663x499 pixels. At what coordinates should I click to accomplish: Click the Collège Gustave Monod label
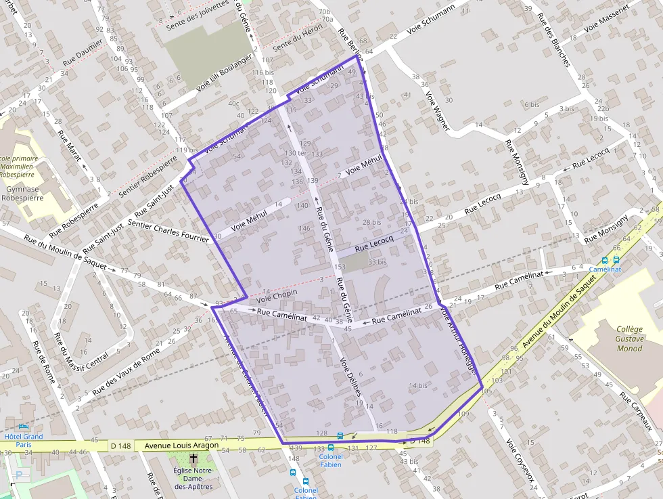[629, 339]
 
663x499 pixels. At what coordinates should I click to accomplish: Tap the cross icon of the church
[193, 458]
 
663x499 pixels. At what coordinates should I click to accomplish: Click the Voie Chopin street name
[277, 296]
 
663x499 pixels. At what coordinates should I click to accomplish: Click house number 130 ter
[295, 153]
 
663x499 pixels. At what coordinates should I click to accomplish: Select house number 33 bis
[378, 262]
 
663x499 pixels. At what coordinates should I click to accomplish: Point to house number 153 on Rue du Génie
[340, 267]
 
